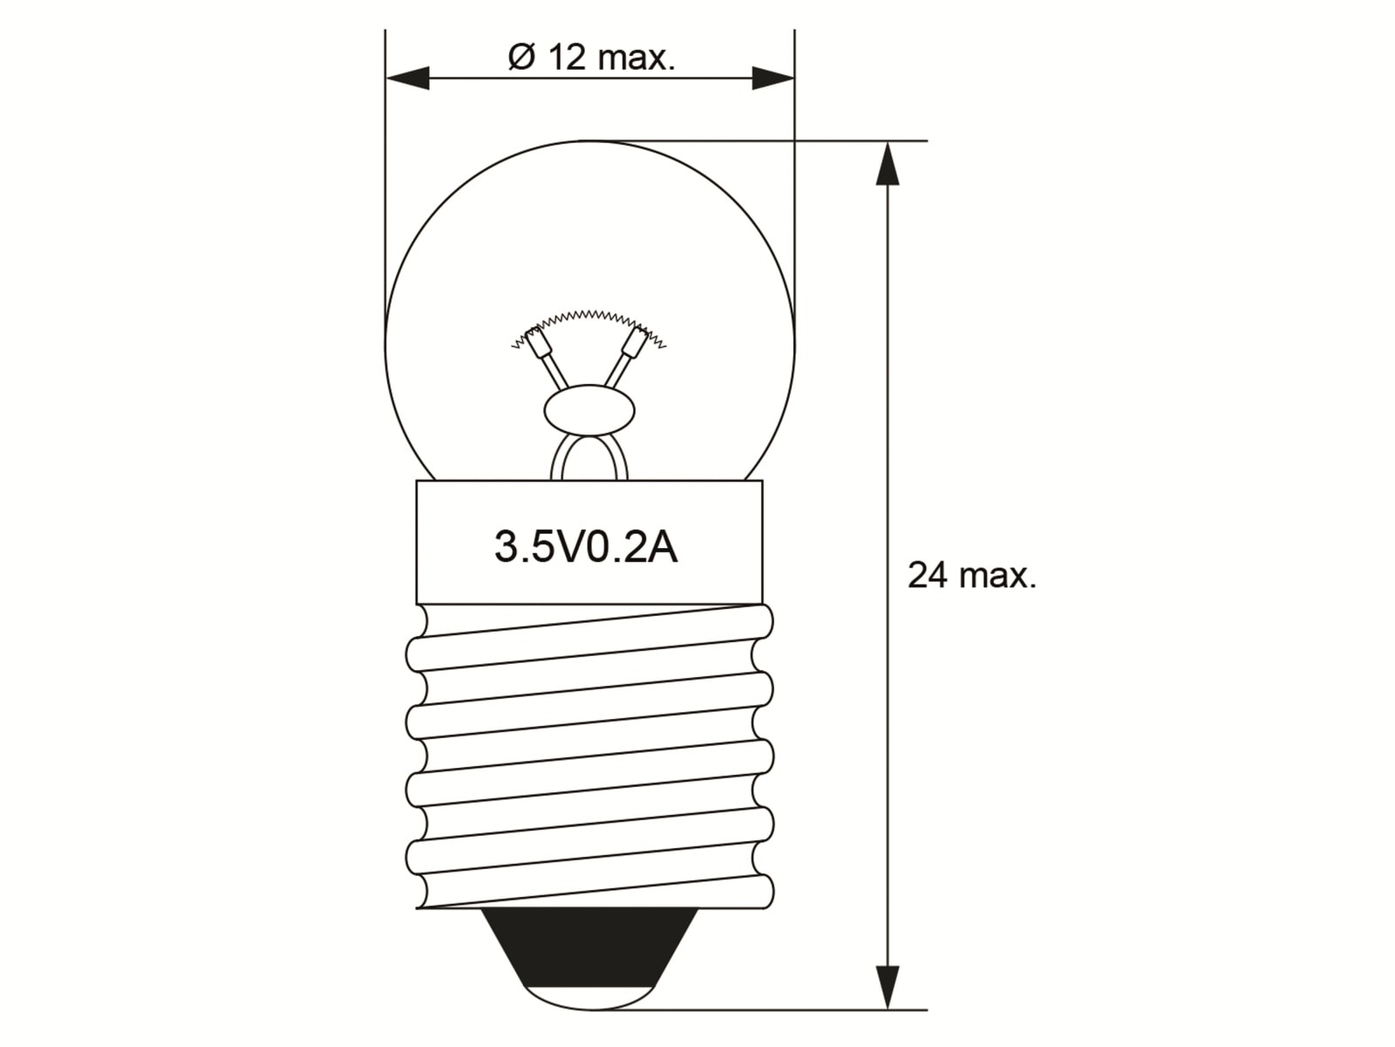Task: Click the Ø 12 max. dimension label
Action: point(591,58)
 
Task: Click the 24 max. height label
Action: point(971,576)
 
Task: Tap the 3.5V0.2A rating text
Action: point(586,548)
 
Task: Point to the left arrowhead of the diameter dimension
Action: point(408,79)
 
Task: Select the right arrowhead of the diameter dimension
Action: point(772,79)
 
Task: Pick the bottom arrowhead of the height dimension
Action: point(887,986)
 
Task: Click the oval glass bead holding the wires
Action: point(589,410)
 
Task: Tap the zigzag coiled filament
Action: point(589,316)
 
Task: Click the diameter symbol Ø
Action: point(521,58)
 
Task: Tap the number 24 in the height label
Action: point(927,576)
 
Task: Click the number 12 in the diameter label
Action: point(567,58)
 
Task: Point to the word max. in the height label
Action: point(998,576)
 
